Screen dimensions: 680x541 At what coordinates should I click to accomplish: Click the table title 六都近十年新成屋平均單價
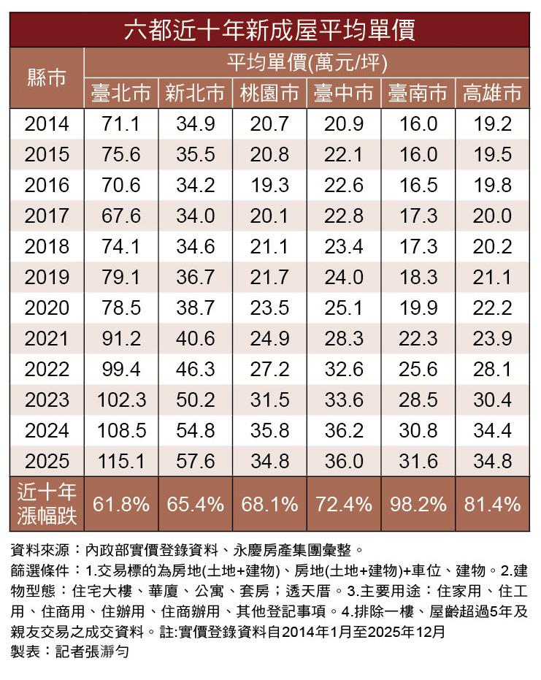click(x=269, y=31)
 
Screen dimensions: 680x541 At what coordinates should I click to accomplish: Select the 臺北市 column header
click(x=121, y=93)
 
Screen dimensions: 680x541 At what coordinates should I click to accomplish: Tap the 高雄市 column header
click(x=492, y=93)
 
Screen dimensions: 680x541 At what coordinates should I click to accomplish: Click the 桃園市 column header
click(x=269, y=93)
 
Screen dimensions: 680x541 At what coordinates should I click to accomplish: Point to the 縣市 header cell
click(x=47, y=78)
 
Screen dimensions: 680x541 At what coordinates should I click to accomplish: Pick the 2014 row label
click(x=47, y=124)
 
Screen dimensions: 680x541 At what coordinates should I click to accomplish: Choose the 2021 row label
click(x=47, y=339)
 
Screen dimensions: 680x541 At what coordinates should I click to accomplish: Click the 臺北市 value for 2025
click(x=121, y=462)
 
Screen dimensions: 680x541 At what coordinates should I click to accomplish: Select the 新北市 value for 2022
click(x=195, y=370)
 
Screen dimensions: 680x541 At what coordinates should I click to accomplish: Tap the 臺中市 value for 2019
click(x=343, y=278)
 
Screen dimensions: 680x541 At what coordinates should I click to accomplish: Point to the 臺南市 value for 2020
click(x=418, y=308)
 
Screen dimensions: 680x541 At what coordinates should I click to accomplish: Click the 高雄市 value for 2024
click(x=492, y=431)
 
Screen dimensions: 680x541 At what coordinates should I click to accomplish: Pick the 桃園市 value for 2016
click(x=269, y=186)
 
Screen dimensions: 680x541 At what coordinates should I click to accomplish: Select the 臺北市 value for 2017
click(x=121, y=216)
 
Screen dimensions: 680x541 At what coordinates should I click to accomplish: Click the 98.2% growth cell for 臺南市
click(x=418, y=504)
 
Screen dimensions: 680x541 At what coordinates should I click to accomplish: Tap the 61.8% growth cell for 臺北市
click(x=121, y=504)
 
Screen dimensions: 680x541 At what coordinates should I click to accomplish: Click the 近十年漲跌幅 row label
click(x=47, y=504)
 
